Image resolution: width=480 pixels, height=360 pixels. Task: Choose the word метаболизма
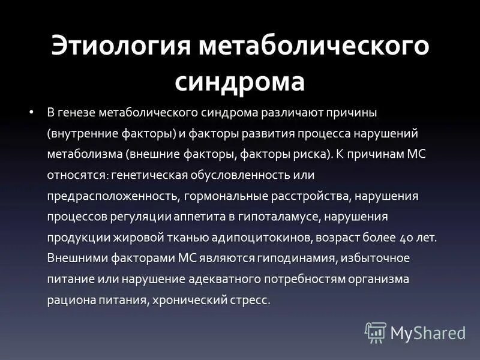click(x=85, y=154)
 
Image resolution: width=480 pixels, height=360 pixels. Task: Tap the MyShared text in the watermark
click(x=428, y=332)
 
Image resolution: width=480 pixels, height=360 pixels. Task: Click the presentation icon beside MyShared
click(x=376, y=332)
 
